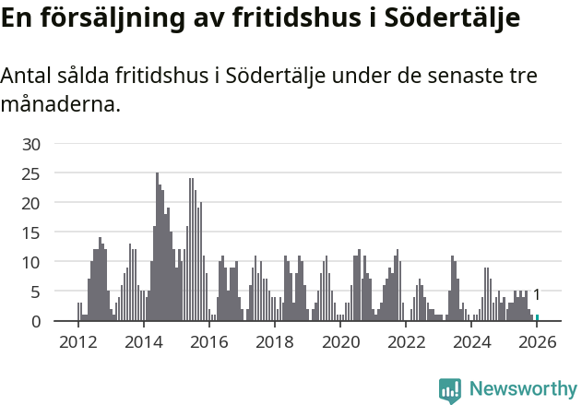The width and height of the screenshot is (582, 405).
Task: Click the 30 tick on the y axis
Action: click(31, 144)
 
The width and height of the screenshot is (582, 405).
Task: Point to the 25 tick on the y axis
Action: click(31, 173)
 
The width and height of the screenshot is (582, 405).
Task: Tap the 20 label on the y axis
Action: click(31, 203)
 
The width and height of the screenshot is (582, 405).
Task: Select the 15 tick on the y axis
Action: click(31, 232)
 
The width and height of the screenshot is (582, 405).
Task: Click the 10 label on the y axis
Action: click(31, 262)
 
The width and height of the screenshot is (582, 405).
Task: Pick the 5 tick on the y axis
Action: click(36, 292)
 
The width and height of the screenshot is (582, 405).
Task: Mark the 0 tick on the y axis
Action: click(36, 321)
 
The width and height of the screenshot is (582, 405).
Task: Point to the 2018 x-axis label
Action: click(275, 342)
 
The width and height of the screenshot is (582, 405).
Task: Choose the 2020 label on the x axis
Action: click(340, 342)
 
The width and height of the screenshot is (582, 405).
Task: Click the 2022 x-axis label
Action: click(407, 342)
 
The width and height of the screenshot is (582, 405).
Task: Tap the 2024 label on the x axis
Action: click(472, 342)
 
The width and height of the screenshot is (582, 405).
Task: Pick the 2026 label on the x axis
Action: click(538, 342)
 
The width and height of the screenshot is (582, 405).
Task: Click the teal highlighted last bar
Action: click(538, 318)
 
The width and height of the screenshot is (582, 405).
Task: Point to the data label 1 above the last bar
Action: click(537, 295)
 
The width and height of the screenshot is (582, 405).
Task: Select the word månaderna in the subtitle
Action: click(60, 105)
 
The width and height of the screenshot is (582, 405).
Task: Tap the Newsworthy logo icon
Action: click(450, 390)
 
